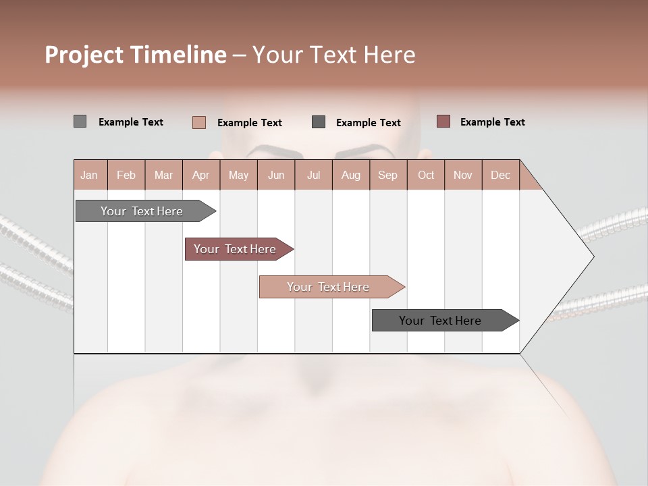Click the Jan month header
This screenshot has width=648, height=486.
(90, 175)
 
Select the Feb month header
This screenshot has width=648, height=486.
(126, 175)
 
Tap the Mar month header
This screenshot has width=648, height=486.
(163, 175)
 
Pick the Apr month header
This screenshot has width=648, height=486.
(201, 175)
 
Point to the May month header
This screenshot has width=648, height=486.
(238, 175)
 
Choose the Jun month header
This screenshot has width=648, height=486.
(276, 175)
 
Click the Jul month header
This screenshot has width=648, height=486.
(313, 175)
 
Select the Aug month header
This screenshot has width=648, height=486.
(351, 175)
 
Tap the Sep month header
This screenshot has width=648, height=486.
(388, 175)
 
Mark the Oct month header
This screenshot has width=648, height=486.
(426, 175)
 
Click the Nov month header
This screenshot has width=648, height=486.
(463, 175)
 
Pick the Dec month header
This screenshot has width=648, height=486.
(501, 175)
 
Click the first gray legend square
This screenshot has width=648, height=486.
(80, 122)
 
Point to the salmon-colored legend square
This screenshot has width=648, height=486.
(199, 122)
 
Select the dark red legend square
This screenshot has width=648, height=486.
(443, 122)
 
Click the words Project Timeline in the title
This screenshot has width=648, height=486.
(136, 55)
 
